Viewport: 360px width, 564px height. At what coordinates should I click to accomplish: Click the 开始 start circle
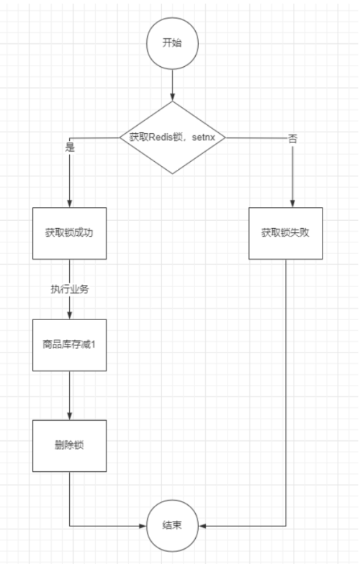point(172,42)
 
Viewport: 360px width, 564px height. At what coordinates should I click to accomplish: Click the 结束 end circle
point(172,526)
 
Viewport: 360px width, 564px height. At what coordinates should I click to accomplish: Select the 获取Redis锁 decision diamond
point(172,137)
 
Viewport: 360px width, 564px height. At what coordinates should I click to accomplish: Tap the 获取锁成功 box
point(69,233)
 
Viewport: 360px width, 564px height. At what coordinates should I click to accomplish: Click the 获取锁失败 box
point(286,233)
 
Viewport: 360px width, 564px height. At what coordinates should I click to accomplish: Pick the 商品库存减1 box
point(69,345)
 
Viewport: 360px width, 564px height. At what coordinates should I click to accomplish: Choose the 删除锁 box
point(69,445)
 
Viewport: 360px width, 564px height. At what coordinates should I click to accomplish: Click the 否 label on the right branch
point(292,138)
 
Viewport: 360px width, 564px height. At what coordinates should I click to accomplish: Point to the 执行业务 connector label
point(69,289)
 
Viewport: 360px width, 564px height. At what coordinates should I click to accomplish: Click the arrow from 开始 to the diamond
point(172,83)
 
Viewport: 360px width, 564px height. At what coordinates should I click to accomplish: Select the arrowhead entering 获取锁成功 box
point(69,204)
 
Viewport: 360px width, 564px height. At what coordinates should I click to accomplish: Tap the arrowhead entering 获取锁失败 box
point(292,204)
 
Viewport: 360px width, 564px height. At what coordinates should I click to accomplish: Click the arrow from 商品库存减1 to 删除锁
point(69,396)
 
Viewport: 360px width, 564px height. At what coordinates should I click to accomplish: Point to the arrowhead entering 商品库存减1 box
point(69,315)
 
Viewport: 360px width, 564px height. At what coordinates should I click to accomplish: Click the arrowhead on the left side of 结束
point(143,526)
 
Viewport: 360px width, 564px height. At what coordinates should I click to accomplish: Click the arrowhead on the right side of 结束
point(202,526)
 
